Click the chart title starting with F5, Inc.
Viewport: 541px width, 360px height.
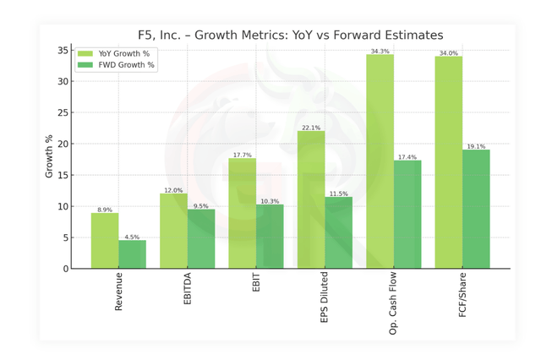click(x=290, y=35)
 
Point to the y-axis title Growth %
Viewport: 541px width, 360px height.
click(x=50, y=156)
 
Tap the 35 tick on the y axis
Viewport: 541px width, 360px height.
click(x=63, y=51)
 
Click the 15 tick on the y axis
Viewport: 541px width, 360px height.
click(x=63, y=175)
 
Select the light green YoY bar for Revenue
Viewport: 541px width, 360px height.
click(x=105, y=241)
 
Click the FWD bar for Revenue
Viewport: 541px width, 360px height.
click(x=133, y=254)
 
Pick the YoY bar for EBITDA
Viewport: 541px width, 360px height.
click(x=174, y=231)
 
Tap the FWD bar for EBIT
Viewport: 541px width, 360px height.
click(x=270, y=237)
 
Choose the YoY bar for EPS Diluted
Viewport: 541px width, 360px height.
click(x=311, y=199)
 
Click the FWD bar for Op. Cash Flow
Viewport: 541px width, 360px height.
click(x=407, y=215)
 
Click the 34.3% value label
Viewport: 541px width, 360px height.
click(x=380, y=51)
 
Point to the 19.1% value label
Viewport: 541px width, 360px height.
click(x=476, y=146)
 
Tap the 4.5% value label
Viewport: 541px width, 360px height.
click(x=133, y=237)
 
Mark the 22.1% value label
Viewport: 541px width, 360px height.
click(x=311, y=128)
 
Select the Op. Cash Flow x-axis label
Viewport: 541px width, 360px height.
click(x=394, y=303)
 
